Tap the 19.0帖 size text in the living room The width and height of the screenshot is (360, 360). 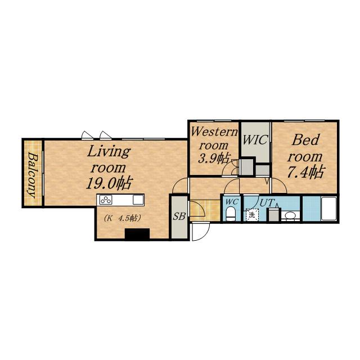[x=109, y=183]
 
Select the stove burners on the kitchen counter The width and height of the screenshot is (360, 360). [x=106, y=200]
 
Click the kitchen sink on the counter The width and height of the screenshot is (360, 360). [x=138, y=200]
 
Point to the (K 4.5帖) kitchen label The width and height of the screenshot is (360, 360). [x=122, y=218]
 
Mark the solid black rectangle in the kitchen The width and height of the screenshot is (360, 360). [x=137, y=234]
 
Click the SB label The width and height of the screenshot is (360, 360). [x=179, y=216]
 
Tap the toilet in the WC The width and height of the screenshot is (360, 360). [x=230, y=214]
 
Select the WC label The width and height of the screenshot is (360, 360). [x=231, y=202]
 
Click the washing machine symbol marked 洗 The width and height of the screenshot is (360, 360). [x=252, y=215]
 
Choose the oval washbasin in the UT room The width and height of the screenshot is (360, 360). [x=290, y=215]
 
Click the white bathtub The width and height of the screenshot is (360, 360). [x=328, y=209]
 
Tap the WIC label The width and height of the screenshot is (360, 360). [x=255, y=139]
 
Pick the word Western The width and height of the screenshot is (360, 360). [x=214, y=132]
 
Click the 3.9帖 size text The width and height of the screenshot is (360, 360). [x=214, y=158]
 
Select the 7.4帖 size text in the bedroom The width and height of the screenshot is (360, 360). [x=305, y=172]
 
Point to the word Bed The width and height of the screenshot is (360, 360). [x=305, y=140]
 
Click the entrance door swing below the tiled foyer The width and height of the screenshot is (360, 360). [x=201, y=231]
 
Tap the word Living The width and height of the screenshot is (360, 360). [x=109, y=151]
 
